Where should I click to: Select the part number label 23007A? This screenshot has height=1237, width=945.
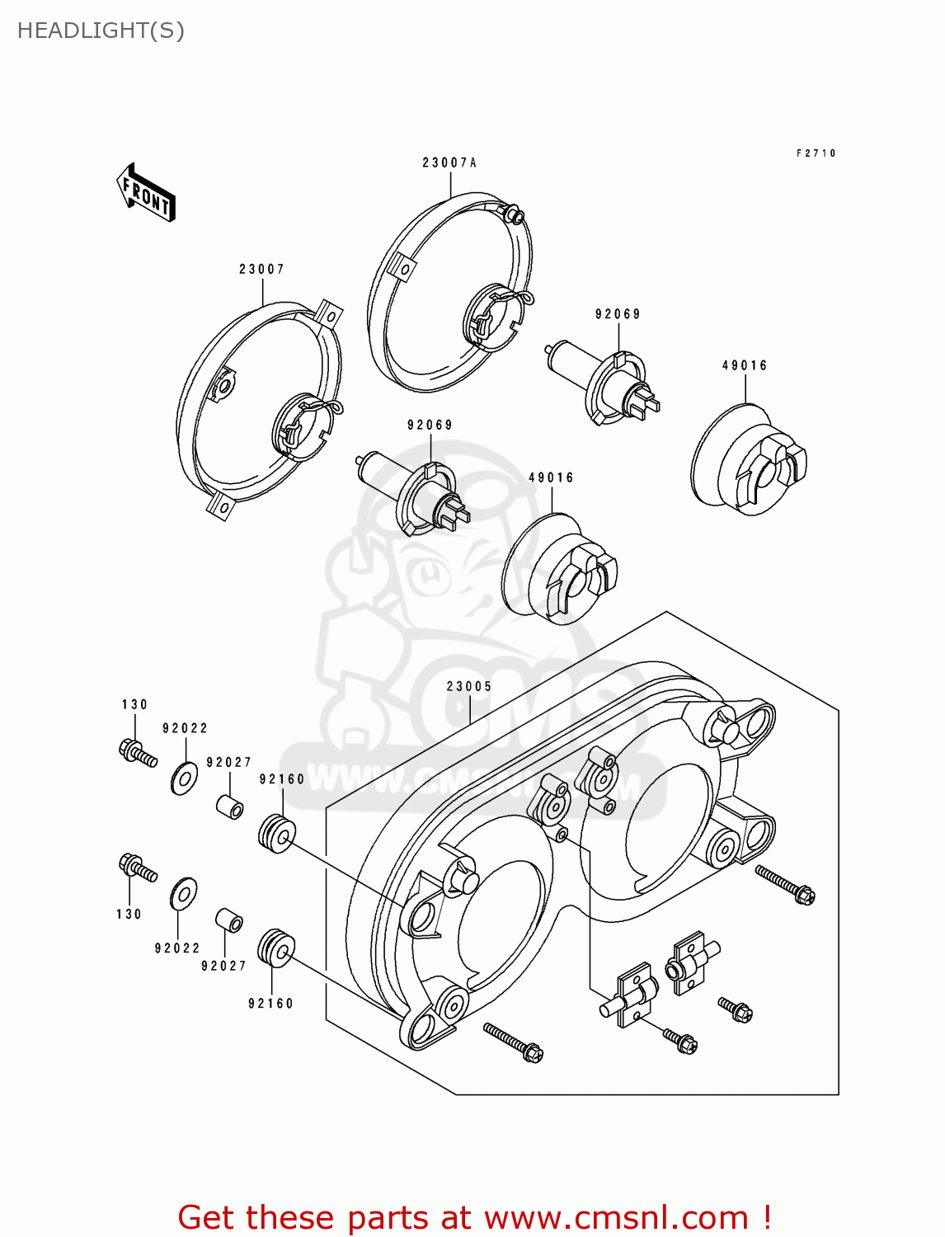point(449,163)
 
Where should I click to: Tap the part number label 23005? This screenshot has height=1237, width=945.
point(469,687)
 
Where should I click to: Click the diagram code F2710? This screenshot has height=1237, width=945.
point(816,153)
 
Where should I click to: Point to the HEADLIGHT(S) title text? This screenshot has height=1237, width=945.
point(101,31)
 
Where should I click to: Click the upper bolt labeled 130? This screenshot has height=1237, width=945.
point(137,753)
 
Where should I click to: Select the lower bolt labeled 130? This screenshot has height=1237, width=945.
point(137,868)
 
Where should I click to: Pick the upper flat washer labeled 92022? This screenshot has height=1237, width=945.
point(185,778)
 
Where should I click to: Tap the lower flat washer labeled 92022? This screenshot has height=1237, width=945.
point(183,894)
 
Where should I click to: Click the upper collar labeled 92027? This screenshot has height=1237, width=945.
point(230,806)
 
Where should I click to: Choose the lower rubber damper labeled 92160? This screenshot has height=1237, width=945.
point(276,950)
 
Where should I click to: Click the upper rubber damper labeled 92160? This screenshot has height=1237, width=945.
point(276,833)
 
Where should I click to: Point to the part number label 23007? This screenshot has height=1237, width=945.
point(261,270)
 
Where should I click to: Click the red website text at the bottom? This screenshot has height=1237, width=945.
point(474,1217)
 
